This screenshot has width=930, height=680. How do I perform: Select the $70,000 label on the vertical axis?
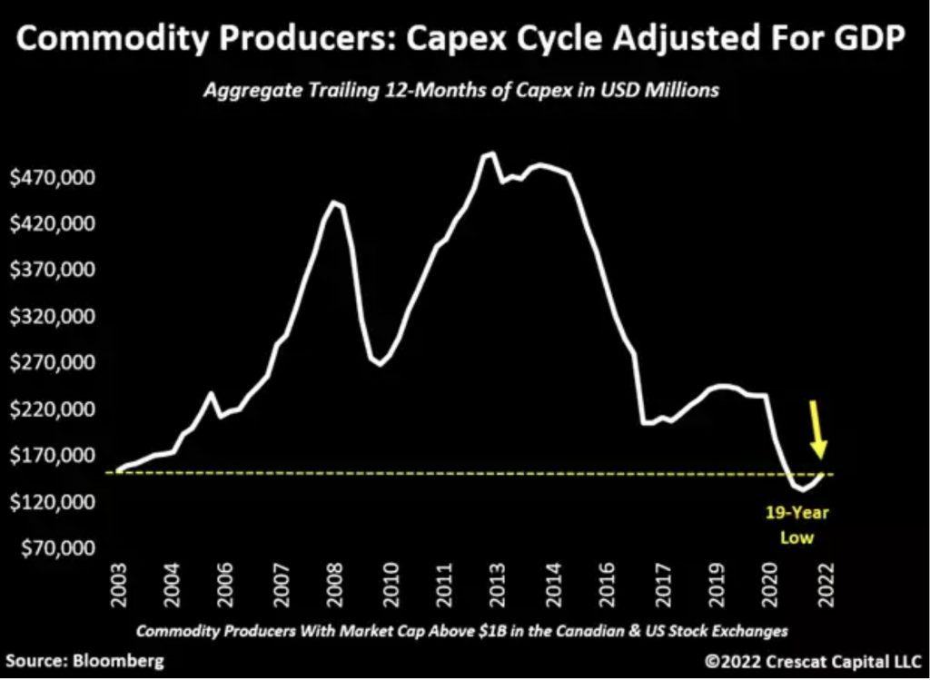click(x=50, y=549)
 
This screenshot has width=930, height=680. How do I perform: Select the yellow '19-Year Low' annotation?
click(x=805, y=525)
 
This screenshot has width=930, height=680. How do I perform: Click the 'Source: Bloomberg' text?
click(x=81, y=660)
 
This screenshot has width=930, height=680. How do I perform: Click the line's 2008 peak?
click(x=334, y=202)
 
